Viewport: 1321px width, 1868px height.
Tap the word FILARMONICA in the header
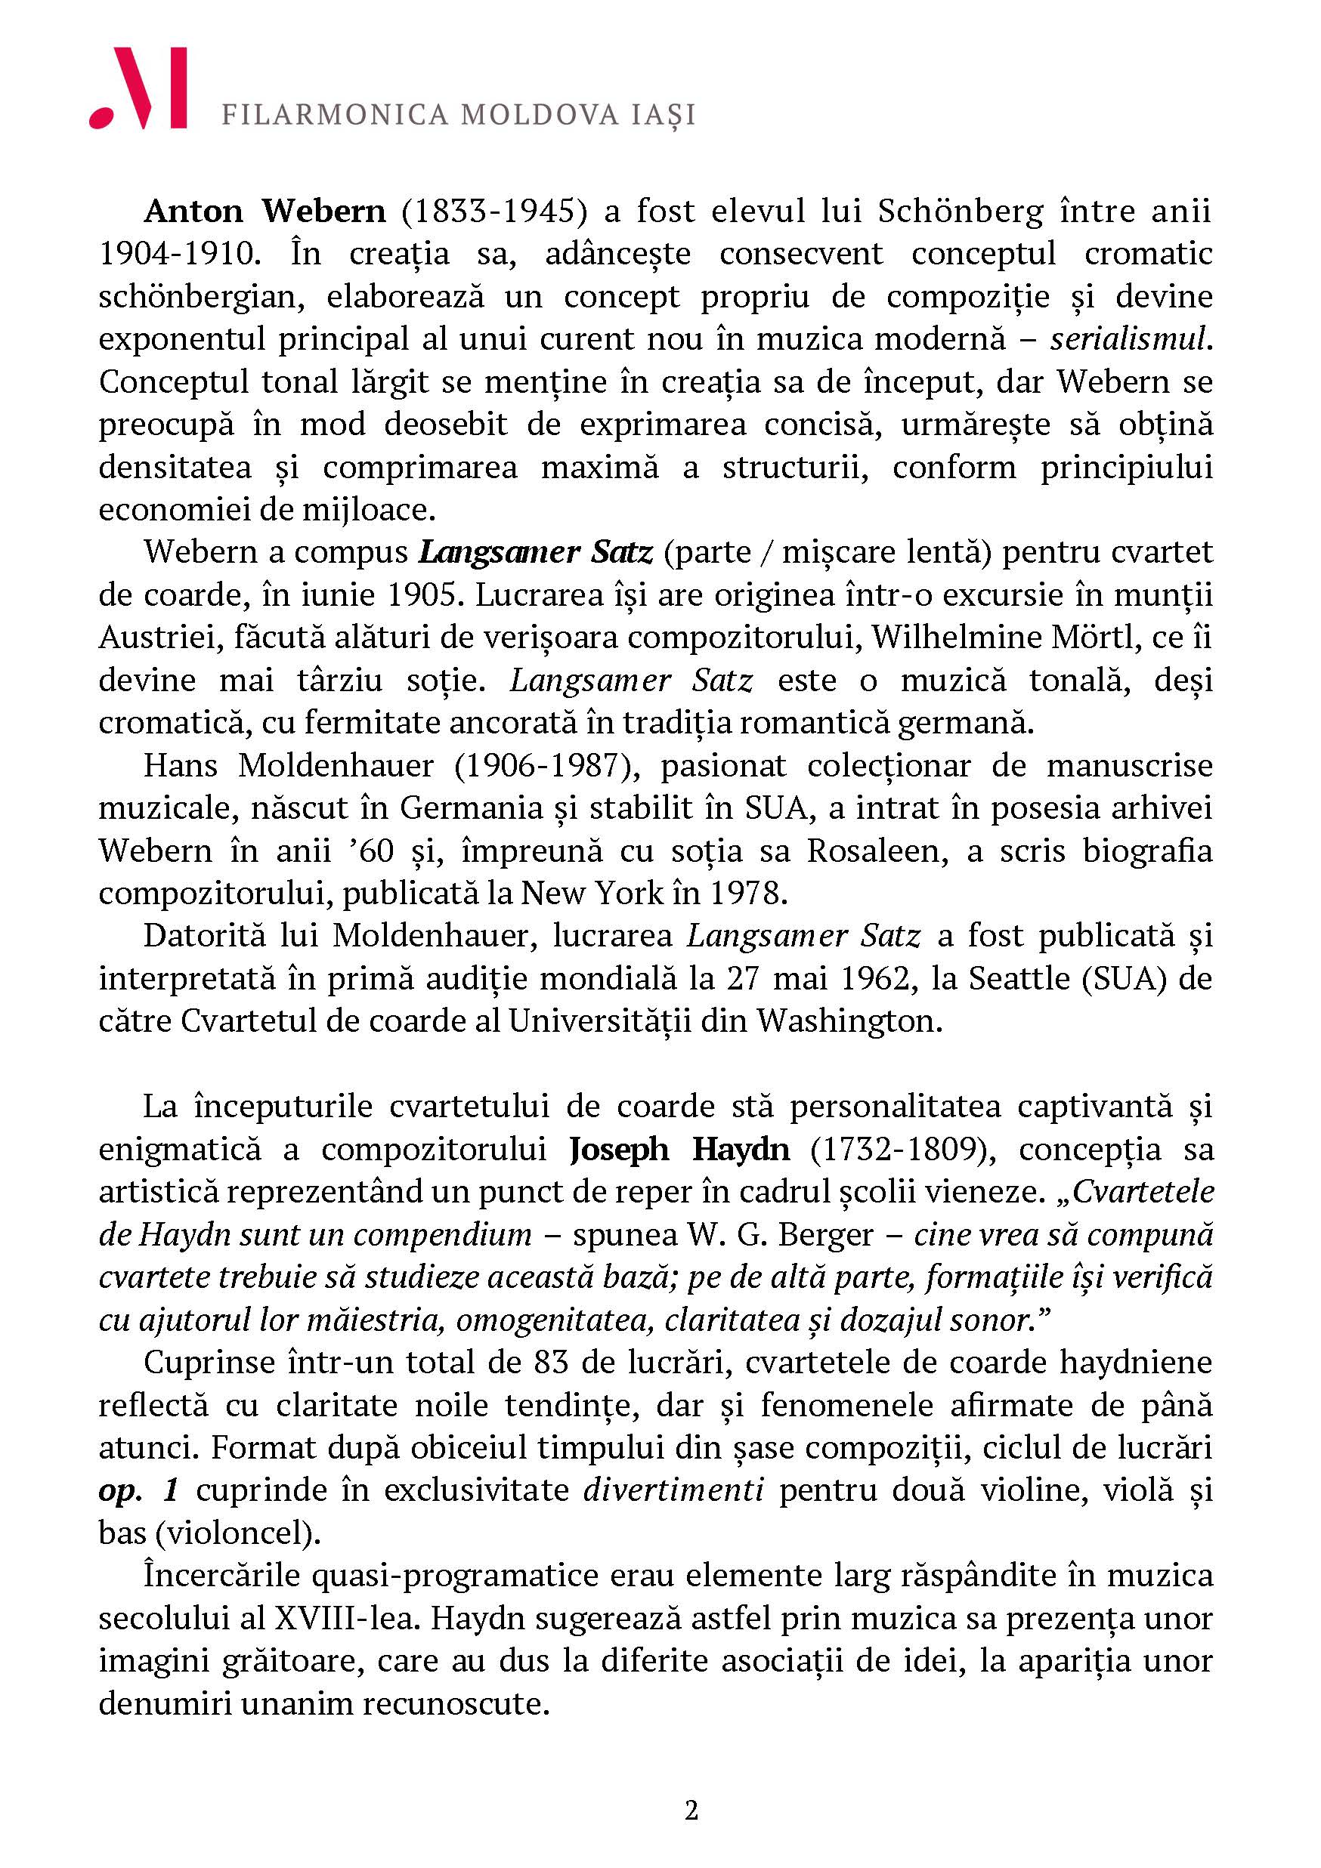(x=335, y=116)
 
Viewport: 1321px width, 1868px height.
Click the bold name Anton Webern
(x=265, y=212)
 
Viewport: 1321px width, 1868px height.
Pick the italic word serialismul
(x=1126, y=339)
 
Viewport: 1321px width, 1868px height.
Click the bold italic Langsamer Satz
(x=535, y=552)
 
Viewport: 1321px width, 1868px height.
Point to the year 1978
(x=746, y=894)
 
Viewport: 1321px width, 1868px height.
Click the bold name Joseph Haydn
(x=679, y=1150)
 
